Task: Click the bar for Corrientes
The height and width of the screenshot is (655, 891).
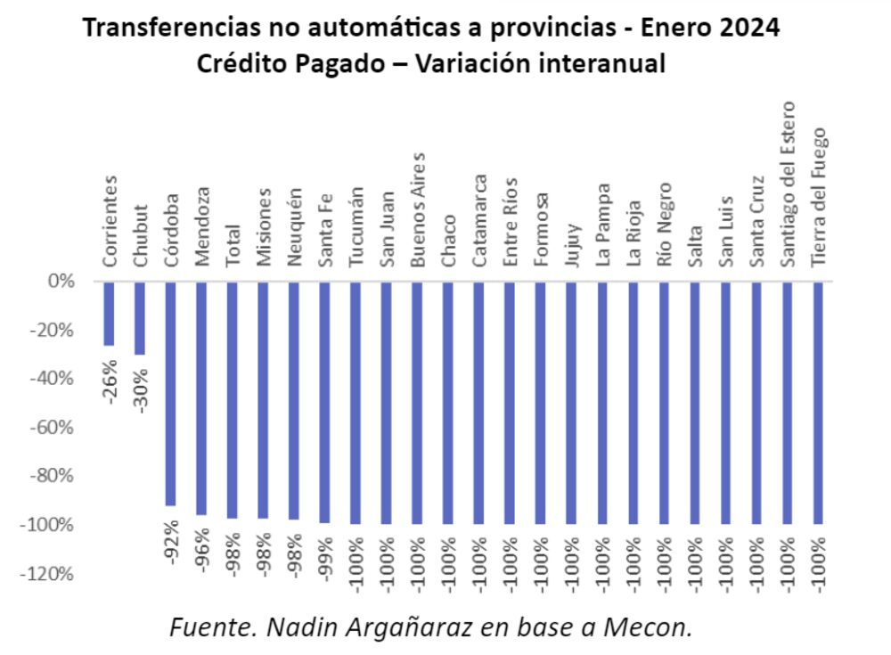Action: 110,314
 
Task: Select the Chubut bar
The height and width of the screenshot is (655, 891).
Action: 140,318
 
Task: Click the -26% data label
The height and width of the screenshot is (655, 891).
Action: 110,381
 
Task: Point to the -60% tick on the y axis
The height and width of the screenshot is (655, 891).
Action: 54,427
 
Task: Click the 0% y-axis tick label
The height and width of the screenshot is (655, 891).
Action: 61,282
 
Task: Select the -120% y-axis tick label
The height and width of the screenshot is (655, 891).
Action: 51,573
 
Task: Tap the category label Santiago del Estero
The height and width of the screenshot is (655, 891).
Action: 788,183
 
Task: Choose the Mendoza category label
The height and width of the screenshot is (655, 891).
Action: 202,226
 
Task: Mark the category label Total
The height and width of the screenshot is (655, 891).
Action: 233,244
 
